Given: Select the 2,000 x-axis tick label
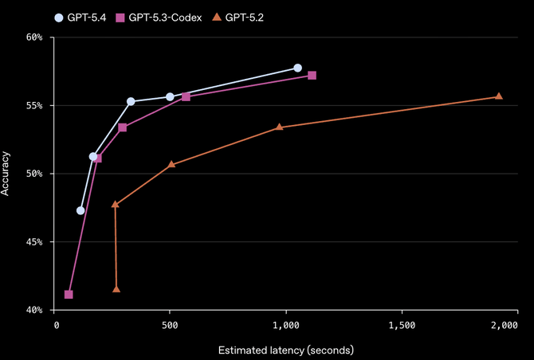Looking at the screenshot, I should [x=505, y=326].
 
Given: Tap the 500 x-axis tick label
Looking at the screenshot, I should [x=170, y=326].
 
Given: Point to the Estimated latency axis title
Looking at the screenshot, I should [x=285, y=350].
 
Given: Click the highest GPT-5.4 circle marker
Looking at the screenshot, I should [x=297, y=68].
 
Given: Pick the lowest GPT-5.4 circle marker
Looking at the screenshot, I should [x=80, y=210].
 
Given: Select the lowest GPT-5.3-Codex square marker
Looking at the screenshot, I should [x=69, y=295].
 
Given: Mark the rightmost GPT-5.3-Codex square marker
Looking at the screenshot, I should [x=312, y=76].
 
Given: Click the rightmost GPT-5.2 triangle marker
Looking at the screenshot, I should [x=499, y=96].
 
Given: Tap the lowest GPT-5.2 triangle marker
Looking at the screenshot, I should [x=116, y=289].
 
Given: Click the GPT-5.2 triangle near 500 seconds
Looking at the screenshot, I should [x=171, y=164].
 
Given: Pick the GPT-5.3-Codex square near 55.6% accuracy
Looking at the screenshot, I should [x=186, y=96].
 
